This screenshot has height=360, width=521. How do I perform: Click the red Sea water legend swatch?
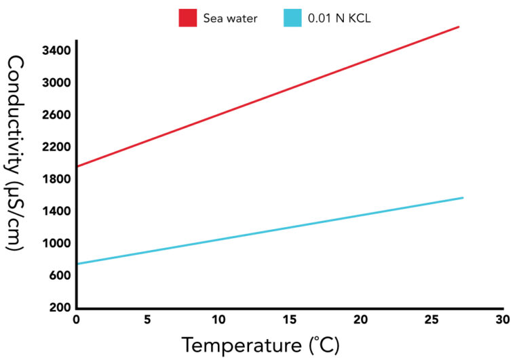[188, 18]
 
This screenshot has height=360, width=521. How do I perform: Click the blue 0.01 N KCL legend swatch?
[292, 18]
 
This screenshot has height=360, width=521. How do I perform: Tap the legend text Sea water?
[231, 18]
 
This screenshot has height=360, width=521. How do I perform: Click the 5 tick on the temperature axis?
[148, 319]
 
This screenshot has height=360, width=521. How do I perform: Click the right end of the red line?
[459, 27]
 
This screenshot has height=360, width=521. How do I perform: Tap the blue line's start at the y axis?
[78, 263]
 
